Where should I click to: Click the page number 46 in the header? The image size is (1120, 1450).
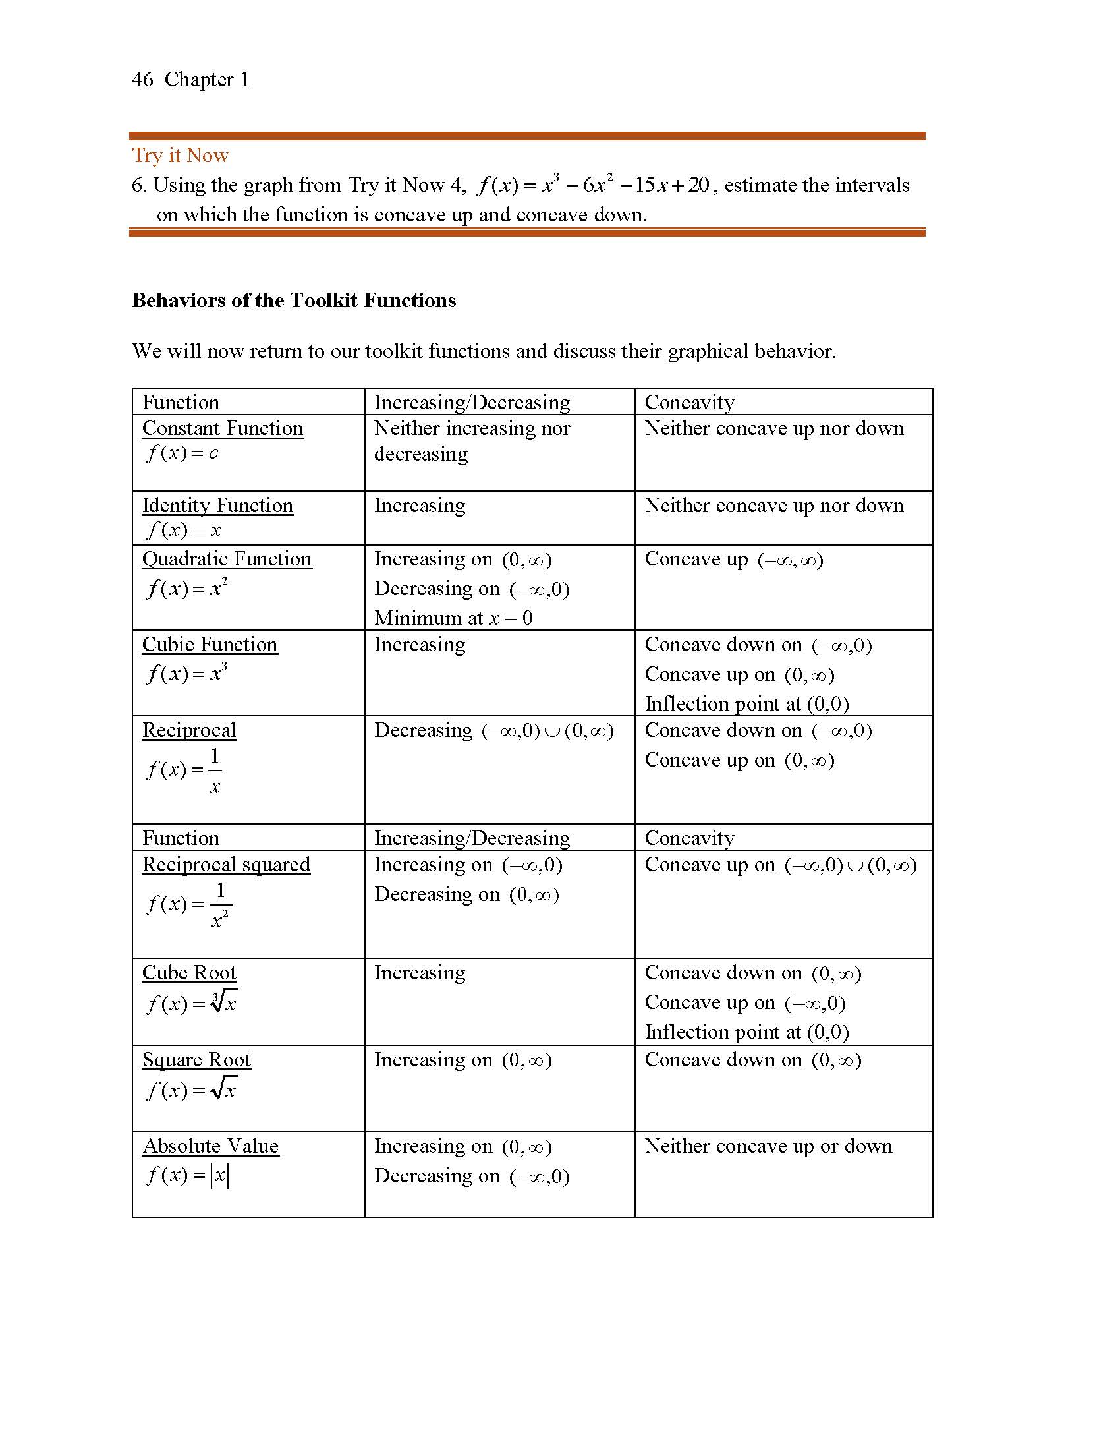point(143,80)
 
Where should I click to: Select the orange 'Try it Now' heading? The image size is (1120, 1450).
point(180,156)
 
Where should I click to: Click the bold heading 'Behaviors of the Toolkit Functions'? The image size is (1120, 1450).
point(294,301)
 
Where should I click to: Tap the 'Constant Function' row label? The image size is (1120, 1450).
point(222,428)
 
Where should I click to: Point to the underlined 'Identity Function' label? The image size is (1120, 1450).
point(217,506)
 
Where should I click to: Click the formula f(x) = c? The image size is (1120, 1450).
point(182,453)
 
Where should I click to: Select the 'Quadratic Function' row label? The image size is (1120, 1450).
point(226,559)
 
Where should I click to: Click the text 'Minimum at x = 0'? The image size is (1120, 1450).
point(453,618)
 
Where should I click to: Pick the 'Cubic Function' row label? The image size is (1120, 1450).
point(210,645)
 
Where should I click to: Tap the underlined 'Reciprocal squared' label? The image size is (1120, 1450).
point(225,865)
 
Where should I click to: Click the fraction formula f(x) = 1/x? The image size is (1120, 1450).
point(184,770)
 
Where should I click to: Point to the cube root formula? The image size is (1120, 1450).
point(191,1002)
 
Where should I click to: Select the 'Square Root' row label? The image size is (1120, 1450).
point(196,1060)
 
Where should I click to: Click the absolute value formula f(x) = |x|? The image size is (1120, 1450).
point(188,1176)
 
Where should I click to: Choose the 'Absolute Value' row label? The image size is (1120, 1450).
point(210,1146)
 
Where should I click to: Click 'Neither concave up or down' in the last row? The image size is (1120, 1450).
point(768,1146)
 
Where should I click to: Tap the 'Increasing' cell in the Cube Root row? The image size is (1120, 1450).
point(419,973)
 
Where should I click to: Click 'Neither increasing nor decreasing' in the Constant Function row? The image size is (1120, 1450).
point(472,441)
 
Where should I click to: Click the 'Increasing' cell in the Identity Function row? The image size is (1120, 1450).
point(419,506)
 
